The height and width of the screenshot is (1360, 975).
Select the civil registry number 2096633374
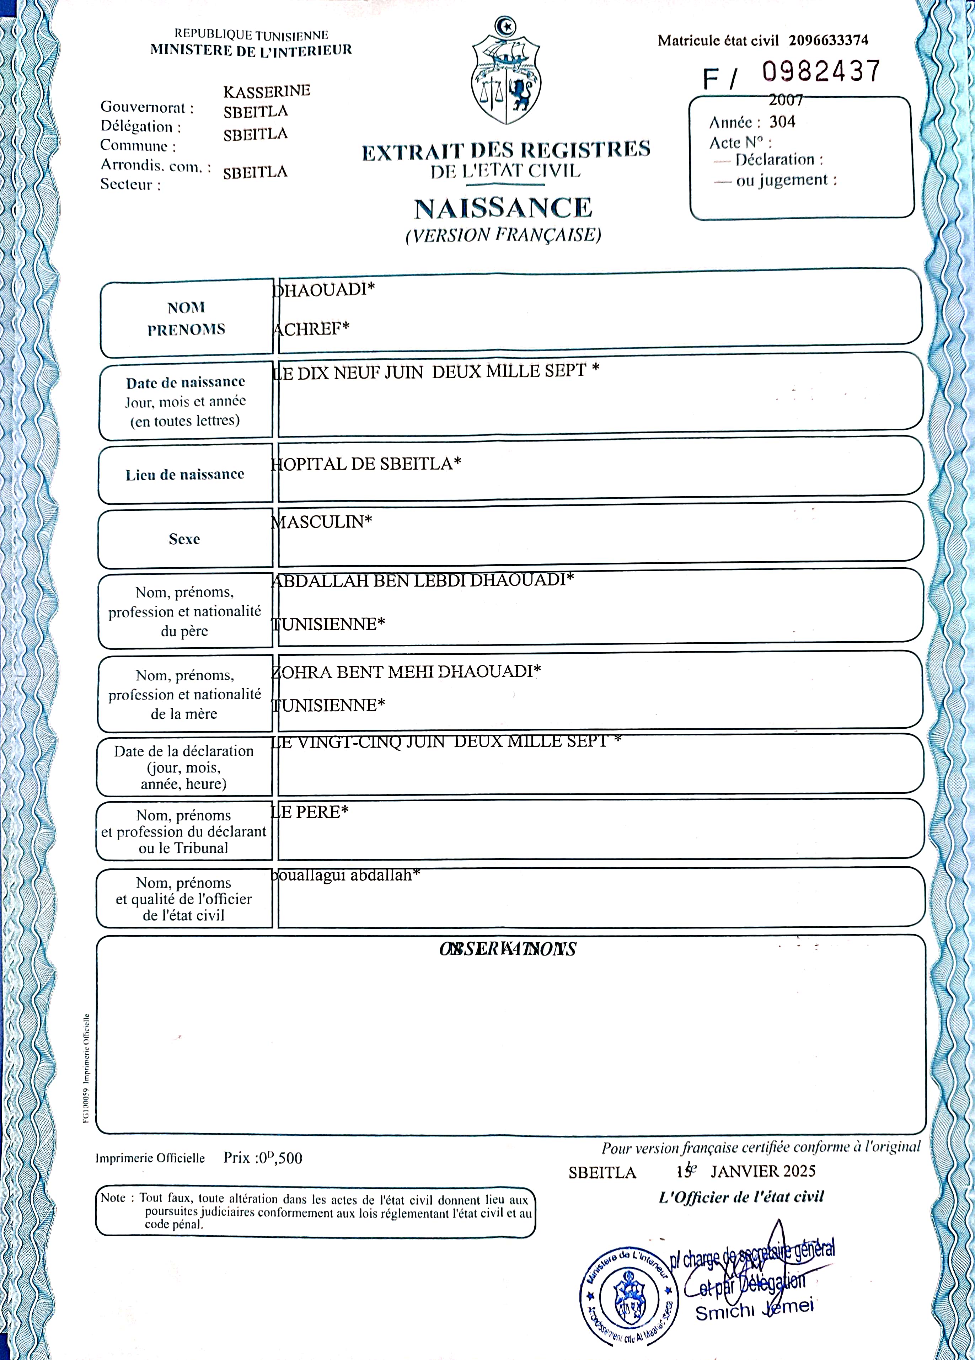tap(828, 40)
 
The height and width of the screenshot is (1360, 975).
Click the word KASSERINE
tap(266, 91)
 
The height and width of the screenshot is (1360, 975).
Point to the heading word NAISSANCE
tap(503, 208)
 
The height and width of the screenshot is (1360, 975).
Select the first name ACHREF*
tap(311, 328)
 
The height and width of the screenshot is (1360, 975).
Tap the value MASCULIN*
tap(321, 522)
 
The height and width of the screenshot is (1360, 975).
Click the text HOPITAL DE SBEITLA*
tap(366, 464)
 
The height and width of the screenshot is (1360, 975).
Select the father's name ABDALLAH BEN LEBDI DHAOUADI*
tap(423, 580)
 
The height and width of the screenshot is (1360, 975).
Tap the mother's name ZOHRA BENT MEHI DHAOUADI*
tap(406, 671)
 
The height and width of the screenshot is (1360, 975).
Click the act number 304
tap(782, 122)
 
